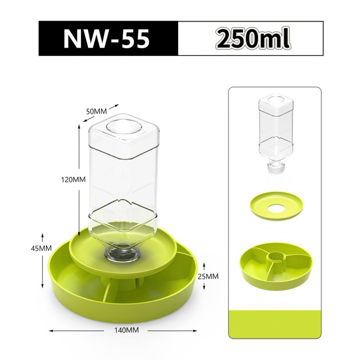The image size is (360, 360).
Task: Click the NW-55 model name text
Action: [x=106, y=38]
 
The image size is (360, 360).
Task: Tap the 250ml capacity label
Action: [x=252, y=38]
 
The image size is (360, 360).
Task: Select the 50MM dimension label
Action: [x=96, y=111]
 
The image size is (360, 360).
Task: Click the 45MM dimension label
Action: [x=41, y=248]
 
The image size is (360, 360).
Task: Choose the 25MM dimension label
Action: [x=208, y=276]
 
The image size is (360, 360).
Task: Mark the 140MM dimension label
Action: [x=126, y=330]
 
